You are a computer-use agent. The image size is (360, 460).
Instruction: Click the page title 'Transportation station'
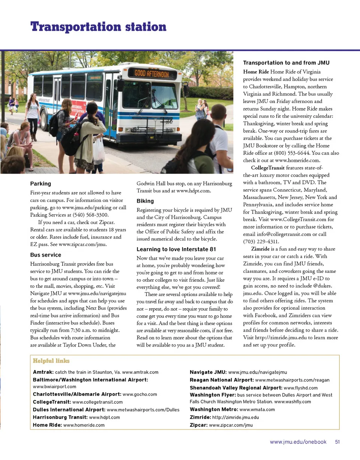click(98, 27)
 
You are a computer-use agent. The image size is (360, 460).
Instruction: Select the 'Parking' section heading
click(40, 184)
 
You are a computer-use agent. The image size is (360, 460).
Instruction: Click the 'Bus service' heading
click(45, 255)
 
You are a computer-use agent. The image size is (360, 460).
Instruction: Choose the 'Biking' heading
click(145, 201)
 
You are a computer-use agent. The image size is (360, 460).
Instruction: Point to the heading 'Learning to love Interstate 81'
click(176, 250)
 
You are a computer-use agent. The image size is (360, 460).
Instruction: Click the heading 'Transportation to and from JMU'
click(286, 63)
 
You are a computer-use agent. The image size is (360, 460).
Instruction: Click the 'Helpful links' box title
click(51, 361)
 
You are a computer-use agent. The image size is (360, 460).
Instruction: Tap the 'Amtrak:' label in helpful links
click(43, 372)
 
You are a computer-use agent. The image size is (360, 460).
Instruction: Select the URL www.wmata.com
click(257, 409)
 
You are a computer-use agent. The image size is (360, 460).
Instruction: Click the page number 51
click(337, 442)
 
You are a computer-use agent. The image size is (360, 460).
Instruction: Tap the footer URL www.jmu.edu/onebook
click(298, 442)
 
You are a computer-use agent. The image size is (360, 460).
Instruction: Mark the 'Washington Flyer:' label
click(213, 395)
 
